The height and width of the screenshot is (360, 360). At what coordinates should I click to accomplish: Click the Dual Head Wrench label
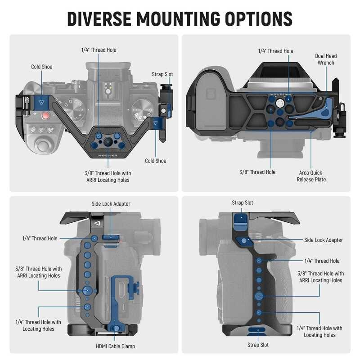click(325, 59)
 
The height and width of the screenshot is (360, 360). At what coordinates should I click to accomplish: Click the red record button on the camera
click(45, 116)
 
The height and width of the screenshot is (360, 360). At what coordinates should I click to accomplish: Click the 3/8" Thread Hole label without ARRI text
click(258, 172)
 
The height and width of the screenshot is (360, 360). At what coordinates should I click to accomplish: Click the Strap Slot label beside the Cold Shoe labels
click(162, 74)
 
